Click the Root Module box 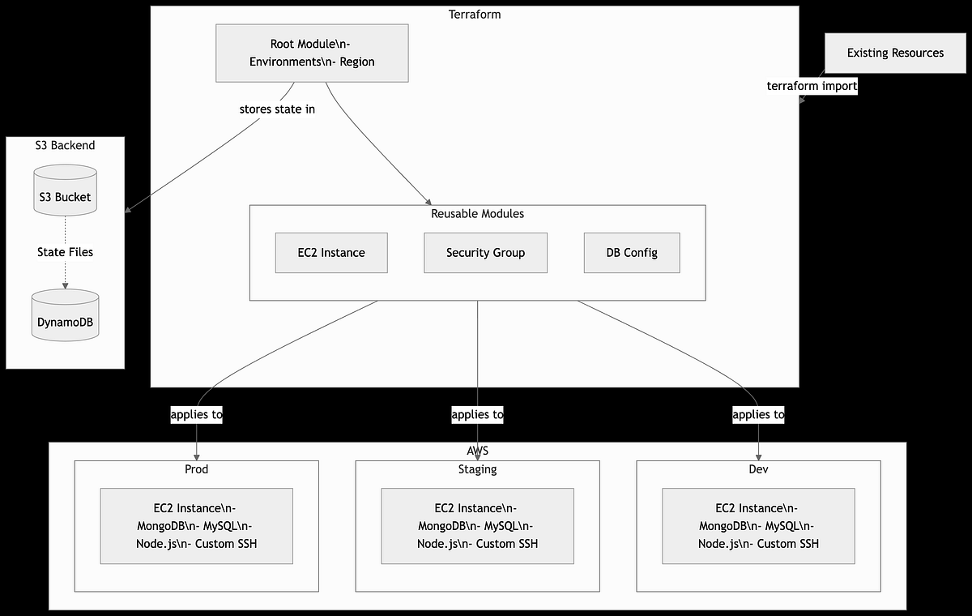click(x=312, y=53)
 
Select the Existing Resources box click(x=895, y=53)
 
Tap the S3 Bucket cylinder click(x=65, y=191)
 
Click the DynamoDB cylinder click(x=65, y=317)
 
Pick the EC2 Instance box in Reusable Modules click(x=331, y=253)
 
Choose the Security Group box click(x=485, y=253)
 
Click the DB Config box click(x=632, y=253)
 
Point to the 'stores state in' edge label click(x=277, y=109)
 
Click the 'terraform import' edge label click(x=812, y=86)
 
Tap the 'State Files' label click(x=65, y=252)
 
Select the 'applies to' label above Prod click(x=196, y=414)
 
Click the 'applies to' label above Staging click(x=477, y=414)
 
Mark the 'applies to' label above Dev click(x=758, y=414)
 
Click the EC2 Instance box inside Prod click(x=196, y=526)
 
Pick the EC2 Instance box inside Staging click(x=477, y=526)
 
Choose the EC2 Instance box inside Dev click(x=758, y=526)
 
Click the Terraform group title click(x=475, y=15)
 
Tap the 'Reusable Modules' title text click(x=477, y=214)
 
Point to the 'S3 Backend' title click(x=65, y=146)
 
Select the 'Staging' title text click(x=477, y=469)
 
